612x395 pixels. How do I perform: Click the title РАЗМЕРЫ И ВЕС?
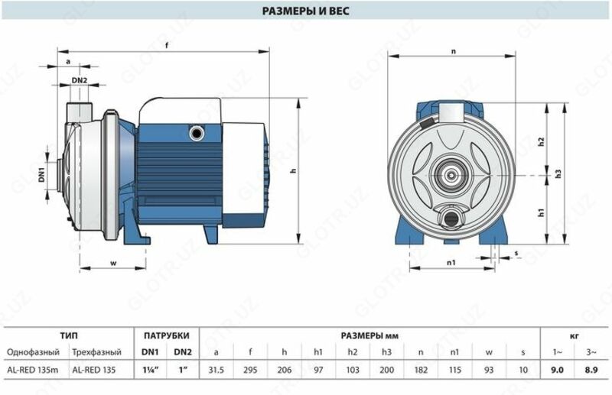[305, 11]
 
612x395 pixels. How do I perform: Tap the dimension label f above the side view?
[167, 45]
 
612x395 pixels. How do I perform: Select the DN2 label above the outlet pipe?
[80, 80]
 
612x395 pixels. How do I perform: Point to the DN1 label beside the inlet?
[42, 175]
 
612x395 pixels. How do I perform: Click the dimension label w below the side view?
[113, 263]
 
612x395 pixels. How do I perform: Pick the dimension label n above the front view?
[453, 51]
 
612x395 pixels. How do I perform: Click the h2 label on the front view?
[541, 142]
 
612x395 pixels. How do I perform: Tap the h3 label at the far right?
[558, 173]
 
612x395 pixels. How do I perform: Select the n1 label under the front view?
[451, 263]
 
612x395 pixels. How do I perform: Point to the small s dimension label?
[516, 254]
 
